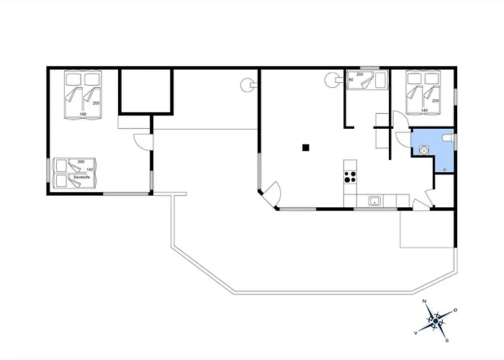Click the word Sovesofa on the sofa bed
tap(81, 177)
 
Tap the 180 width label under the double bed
tap(83, 114)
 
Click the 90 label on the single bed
tap(351, 80)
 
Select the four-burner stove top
tap(350, 177)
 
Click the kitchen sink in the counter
tap(374, 201)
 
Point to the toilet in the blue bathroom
tap(448, 138)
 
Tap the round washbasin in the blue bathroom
tap(424, 150)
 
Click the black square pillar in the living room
tap(306, 148)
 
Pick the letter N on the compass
tap(424, 301)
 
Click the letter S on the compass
tap(447, 341)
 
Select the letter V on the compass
tap(416, 333)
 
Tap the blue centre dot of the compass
tap(436, 321)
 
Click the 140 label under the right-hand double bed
tap(424, 110)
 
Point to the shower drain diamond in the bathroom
tap(445, 169)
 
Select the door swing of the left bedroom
tap(141, 141)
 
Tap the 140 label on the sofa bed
tap(90, 169)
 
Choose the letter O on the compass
tap(455, 310)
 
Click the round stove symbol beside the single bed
tap(332, 80)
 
